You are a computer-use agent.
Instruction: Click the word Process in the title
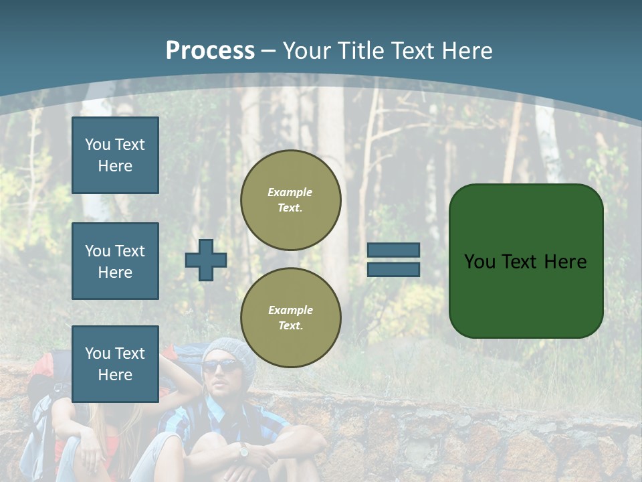coord(210,51)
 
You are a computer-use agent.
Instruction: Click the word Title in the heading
coord(362,51)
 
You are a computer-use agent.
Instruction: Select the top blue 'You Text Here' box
coord(115,155)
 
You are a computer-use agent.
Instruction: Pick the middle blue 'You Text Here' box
coord(115,261)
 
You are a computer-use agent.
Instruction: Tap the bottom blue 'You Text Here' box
coord(115,364)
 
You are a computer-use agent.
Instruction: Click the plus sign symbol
coord(206,260)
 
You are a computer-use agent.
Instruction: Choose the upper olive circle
coord(291,200)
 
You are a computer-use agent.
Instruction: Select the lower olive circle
coord(291,318)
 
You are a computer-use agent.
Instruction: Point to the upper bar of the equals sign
coord(394,250)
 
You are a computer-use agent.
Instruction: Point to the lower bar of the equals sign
coord(394,269)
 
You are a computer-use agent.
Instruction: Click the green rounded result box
coord(526,261)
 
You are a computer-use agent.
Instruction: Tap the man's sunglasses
coord(221,366)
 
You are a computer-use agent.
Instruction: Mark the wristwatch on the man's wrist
coord(243,452)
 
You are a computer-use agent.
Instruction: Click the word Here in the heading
coord(468,51)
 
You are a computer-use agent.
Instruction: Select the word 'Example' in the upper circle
coord(290,192)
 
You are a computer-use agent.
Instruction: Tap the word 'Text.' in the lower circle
coord(290,326)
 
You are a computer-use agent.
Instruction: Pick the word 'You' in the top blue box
coord(98,145)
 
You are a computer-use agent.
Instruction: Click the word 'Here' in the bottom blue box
coord(115,375)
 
